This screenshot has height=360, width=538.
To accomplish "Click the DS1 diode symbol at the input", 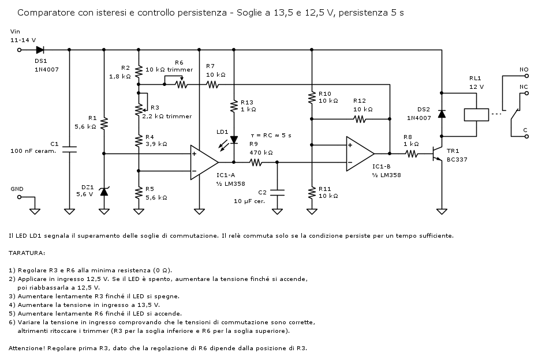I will point(40,50).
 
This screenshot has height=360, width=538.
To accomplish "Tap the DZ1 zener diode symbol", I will point(104,191).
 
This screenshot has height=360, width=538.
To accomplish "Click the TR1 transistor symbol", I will point(437,155).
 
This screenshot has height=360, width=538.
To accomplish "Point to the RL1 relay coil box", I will point(476,114).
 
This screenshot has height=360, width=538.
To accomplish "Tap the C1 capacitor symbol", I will point(69,149).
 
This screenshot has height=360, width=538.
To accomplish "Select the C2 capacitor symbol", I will point(277,192).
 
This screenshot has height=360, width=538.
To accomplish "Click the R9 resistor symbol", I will point(255,163).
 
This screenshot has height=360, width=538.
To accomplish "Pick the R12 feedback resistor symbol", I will point(360,119).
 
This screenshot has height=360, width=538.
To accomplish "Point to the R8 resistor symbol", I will point(411,154).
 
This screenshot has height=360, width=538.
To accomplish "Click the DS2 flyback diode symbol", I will point(442,114).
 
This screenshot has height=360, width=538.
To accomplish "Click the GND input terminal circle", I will point(19,197).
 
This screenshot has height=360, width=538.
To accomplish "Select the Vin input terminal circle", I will point(19,50).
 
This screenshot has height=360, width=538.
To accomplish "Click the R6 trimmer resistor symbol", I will point(182,84).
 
